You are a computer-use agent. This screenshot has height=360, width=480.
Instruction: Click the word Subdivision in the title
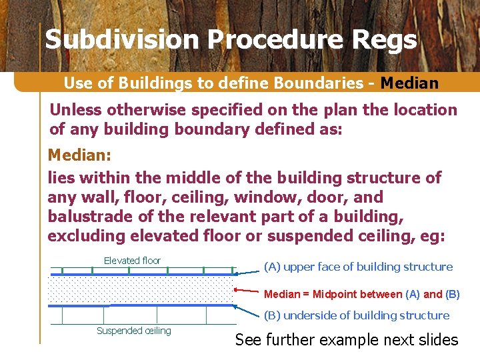(122, 40)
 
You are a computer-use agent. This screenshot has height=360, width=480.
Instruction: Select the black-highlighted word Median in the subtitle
(409, 83)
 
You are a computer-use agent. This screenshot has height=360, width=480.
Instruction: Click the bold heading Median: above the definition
(77, 155)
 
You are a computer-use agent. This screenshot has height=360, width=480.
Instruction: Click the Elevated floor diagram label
(132, 261)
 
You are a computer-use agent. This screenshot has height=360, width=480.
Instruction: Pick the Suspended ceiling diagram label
(133, 331)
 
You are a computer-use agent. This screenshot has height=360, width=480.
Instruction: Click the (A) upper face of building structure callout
(358, 267)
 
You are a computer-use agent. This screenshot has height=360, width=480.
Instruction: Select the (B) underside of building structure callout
(357, 315)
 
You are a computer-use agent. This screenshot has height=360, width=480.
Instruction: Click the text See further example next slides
(347, 340)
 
